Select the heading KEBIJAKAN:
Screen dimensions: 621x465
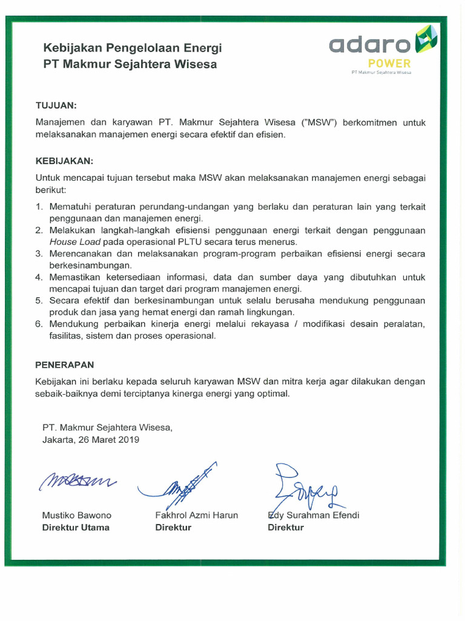click(65, 161)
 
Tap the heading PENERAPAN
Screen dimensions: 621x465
click(65, 365)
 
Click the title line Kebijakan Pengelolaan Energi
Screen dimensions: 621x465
click(132, 48)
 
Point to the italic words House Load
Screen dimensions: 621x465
click(71, 241)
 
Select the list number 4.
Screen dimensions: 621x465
click(38, 277)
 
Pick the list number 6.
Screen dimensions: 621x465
click(38, 324)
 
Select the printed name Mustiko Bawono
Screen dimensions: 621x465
click(76, 515)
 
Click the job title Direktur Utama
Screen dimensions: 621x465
click(76, 527)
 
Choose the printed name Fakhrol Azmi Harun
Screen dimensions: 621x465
click(197, 515)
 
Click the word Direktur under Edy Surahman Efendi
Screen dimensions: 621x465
click(286, 527)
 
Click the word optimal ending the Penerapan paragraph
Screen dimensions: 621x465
click(274, 393)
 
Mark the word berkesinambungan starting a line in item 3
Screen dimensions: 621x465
click(90, 265)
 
